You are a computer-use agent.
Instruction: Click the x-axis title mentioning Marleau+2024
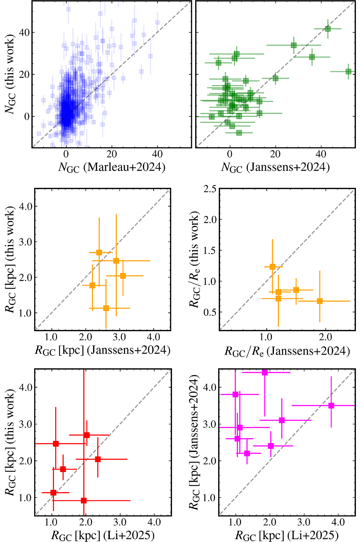click(112, 167)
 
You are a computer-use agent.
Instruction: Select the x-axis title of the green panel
click(275, 167)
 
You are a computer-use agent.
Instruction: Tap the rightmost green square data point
click(348, 72)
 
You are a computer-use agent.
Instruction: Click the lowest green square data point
click(239, 133)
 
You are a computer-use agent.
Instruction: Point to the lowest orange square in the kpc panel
click(106, 308)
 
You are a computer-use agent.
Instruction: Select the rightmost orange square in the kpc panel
click(123, 276)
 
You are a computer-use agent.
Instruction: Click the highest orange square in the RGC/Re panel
click(272, 267)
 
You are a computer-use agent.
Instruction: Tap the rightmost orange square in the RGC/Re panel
click(320, 301)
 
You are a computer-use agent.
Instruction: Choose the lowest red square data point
click(84, 501)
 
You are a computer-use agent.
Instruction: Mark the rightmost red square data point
click(98, 459)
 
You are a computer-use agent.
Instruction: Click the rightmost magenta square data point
click(331, 406)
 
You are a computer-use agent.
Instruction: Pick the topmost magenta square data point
click(265, 373)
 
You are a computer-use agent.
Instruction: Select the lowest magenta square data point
click(247, 453)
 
